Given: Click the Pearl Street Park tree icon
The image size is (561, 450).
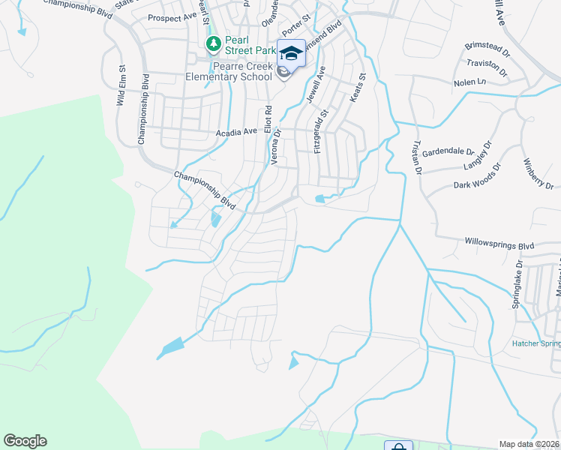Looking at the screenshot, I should point(214,43).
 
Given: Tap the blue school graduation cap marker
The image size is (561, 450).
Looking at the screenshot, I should point(290,53).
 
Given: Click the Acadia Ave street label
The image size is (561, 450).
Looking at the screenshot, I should point(236,132).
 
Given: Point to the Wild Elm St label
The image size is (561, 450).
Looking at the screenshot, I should point(121,88).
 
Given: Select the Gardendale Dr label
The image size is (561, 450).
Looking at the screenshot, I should point(445,151).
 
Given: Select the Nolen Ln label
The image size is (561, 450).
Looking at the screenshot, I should point(470,82).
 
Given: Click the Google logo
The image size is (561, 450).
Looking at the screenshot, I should point(25,441).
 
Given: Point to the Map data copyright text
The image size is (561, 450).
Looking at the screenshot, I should point(529,444).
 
